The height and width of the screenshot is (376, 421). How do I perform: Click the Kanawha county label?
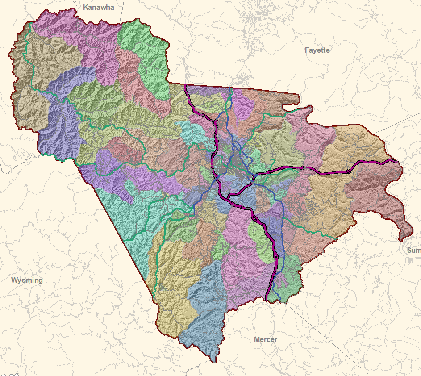tap(99, 8)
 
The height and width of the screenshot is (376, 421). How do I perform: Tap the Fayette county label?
tap(317, 50)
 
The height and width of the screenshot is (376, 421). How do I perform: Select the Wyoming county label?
tap(27, 280)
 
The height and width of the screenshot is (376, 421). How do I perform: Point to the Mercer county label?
tap(265, 339)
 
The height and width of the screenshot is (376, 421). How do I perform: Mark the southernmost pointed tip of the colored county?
tap(215, 361)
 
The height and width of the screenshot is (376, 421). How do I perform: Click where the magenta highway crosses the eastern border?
tap(396, 160)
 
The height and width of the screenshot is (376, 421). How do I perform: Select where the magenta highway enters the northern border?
tap(186, 85)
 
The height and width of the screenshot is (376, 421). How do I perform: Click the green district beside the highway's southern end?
tap(288, 275)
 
